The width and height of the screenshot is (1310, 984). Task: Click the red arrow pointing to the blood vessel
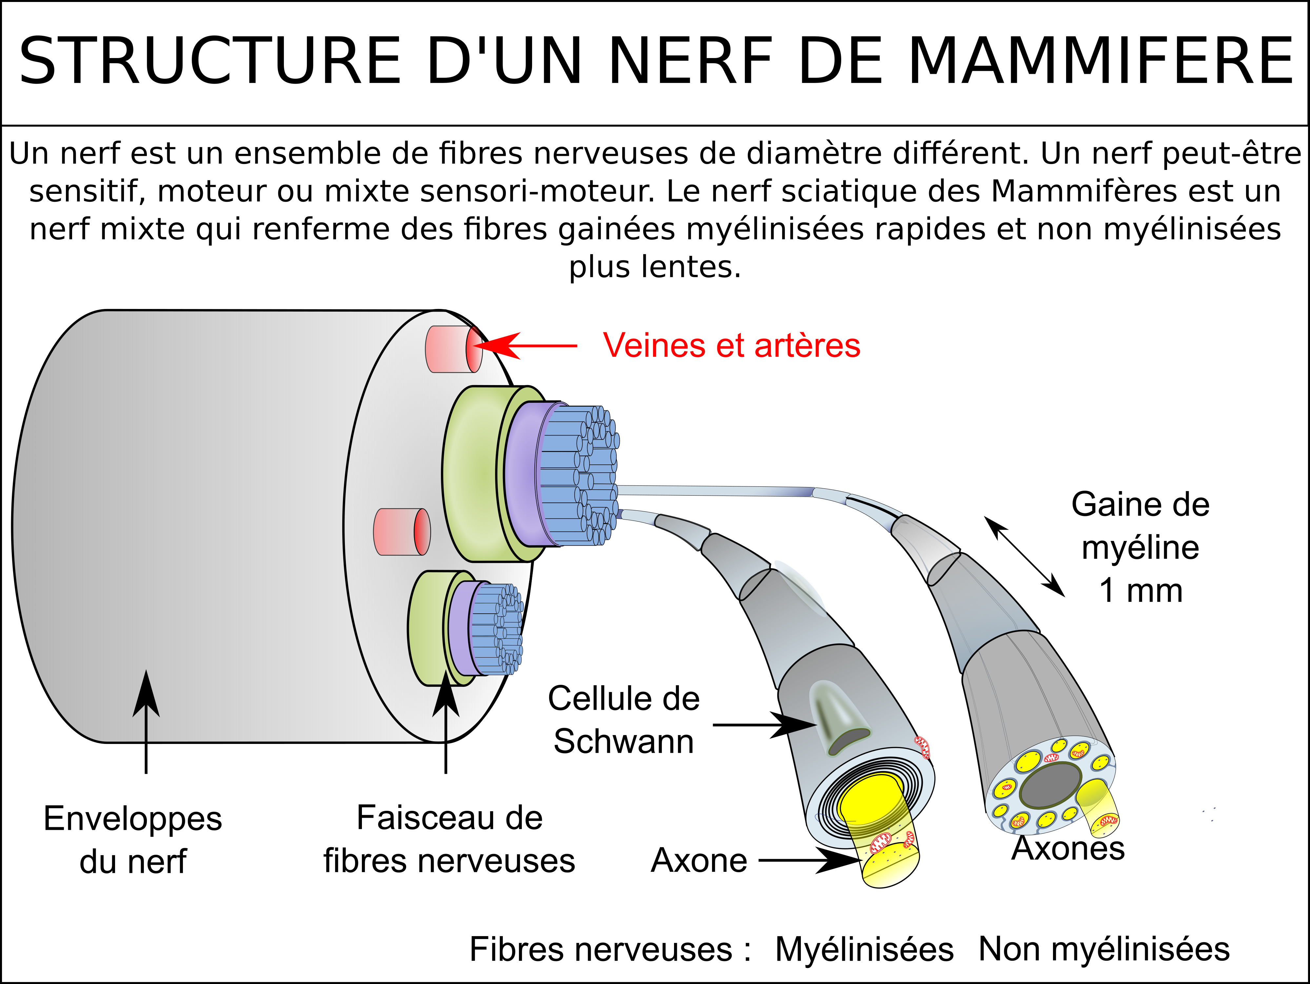(525, 345)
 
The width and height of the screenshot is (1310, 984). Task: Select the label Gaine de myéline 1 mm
(1140, 547)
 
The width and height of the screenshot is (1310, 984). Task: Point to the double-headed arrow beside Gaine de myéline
(1024, 556)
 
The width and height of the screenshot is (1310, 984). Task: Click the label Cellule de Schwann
(624, 720)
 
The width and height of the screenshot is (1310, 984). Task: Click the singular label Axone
(699, 860)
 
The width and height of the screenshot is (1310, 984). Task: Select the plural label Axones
(1068, 848)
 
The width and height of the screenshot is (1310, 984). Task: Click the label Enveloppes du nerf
(133, 840)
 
